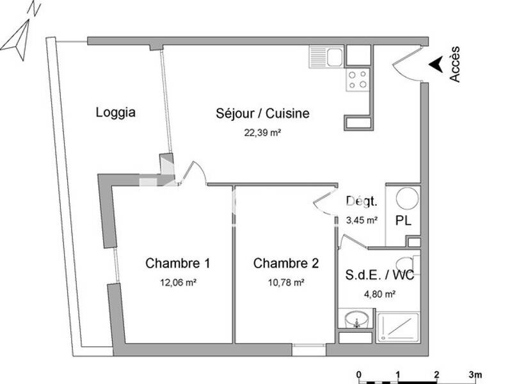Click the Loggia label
tap(115, 113)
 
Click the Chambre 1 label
tap(178, 263)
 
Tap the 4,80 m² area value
tap(380, 294)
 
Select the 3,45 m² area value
tap(362, 219)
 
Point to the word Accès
tap(454, 64)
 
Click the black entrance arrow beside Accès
tap(435, 64)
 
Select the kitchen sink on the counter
tap(326, 57)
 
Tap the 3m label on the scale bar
tap(474, 374)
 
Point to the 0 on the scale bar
tap(360, 374)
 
